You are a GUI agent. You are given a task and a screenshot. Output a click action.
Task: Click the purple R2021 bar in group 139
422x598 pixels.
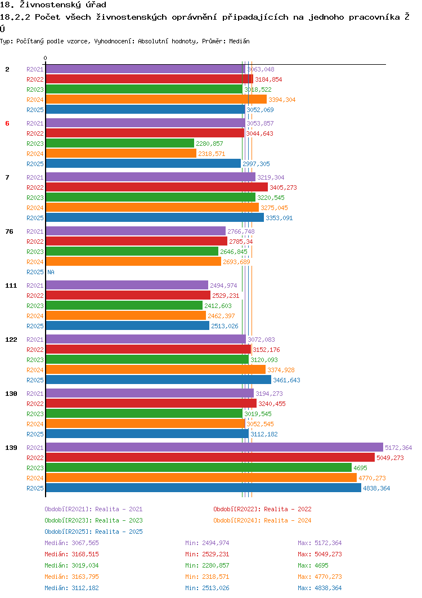tap(214, 448)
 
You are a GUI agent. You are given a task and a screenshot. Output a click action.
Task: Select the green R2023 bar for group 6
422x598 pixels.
tap(120, 144)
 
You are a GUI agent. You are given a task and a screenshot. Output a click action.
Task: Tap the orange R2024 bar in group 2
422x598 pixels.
tap(156, 100)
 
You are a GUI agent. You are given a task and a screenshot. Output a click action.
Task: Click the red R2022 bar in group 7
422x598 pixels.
tap(156, 188)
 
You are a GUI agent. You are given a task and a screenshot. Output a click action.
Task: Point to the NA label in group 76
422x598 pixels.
tap(51, 272)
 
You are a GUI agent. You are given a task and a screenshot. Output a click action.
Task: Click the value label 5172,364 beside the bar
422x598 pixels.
tap(398, 448)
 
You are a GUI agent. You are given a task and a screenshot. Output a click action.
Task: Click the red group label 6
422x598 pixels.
tap(7, 123)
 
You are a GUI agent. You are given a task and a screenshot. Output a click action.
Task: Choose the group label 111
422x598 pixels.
tap(11, 285)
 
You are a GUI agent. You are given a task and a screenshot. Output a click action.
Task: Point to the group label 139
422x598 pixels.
tap(11, 448)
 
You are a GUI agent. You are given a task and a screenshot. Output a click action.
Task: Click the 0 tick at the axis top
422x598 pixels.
tap(46, 59)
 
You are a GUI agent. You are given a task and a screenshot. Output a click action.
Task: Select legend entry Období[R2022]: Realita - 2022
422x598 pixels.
tap(262, 509)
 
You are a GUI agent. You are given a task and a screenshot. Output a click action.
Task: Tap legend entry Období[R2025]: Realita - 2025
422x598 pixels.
tap(93, 532)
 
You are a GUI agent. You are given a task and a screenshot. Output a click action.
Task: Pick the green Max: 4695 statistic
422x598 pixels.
tap(313, 565)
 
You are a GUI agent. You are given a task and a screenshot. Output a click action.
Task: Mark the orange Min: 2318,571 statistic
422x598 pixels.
tap(207, 577)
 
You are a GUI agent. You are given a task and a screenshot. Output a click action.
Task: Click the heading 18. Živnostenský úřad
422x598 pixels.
tap(53, 5)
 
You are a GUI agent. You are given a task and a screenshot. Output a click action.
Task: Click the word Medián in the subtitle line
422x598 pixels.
tap(239, 41)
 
